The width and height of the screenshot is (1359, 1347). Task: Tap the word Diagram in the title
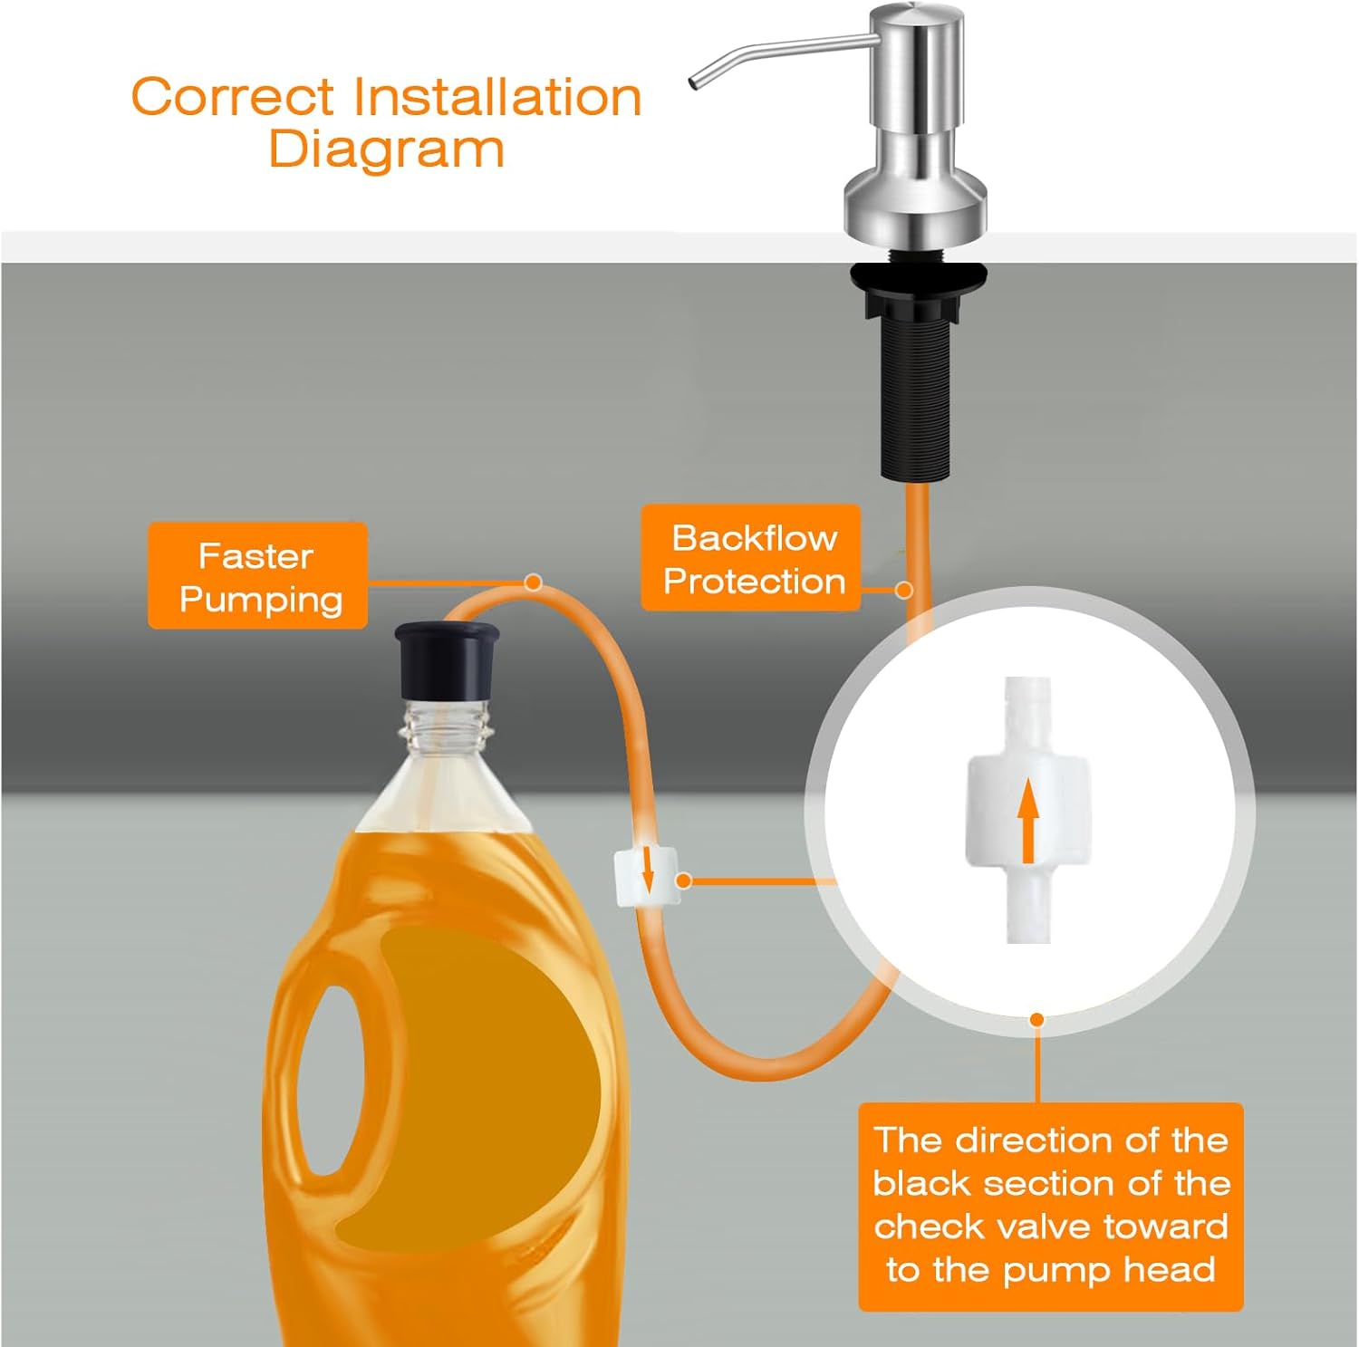tap(387, 149)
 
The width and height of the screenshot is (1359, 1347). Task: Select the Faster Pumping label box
tap(257, 575)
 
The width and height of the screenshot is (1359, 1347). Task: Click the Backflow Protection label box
tap(750, 558)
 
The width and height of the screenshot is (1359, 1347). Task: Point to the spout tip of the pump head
tap(695, 83)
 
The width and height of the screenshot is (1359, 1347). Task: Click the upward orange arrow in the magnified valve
tap(1026, 823)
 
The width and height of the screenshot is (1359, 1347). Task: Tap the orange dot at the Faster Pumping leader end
tap(534, 582)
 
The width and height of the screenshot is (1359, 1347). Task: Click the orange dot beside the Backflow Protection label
tap(903, 591)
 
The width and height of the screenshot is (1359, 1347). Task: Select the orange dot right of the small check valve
tap(685, 880)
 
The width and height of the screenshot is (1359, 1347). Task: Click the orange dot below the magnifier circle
tap(1037, 1020)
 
